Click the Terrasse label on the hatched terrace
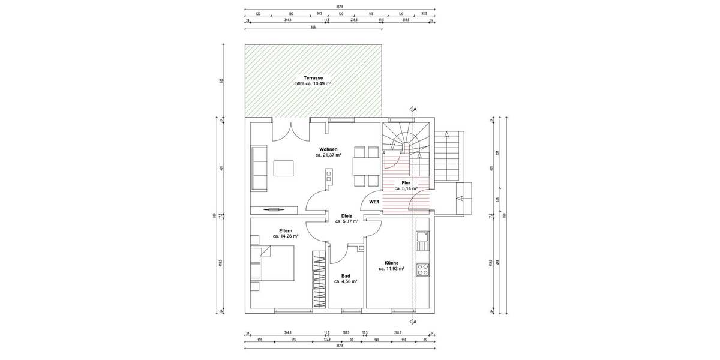pyautogui.click(x=313, y=78)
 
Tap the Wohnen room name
pyautogui.click(x=328, y=149)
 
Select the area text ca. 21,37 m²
pyautogui.click(x=328, y=155)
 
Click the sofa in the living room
pyautogui.click(x=259, y=168)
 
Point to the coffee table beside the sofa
pyautogui.click(x=284, y=169)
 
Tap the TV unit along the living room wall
pyautogui.click(x=274, y=209)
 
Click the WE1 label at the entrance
pyautogui.click(x=373, y=202)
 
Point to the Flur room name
pyautogui.click(x=406, y=182)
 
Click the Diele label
pyautogui.click(x=346, y=215)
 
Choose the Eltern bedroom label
pyautogui.click(x=286, y=230)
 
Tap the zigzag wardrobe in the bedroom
pyautogui.click(x=316, y=280)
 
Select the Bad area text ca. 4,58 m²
pyautogui.click(x=346, y=281)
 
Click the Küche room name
pyautogui.click(x=391, y=263)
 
